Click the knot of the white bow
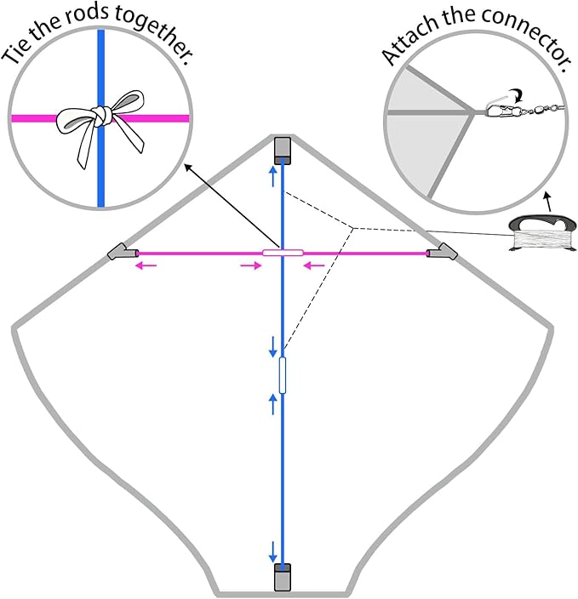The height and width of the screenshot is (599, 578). (102, 116)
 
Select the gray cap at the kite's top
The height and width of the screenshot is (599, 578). (283, 151)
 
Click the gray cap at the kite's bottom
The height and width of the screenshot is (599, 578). (283, 577)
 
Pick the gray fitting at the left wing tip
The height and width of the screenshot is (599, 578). (123, 252)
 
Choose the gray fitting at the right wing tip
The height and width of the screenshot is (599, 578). (443, 252)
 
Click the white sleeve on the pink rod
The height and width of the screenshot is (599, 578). (283, 253)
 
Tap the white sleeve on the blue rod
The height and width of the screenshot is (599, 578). (283, 375)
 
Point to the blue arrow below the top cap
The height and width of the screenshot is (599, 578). (273, 176)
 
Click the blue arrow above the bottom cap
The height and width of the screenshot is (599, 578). (273, 552)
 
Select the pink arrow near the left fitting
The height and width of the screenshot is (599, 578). (146, 265)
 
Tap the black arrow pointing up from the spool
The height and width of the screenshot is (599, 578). (548, 203)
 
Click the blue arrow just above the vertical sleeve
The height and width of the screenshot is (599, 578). (273, 347)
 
